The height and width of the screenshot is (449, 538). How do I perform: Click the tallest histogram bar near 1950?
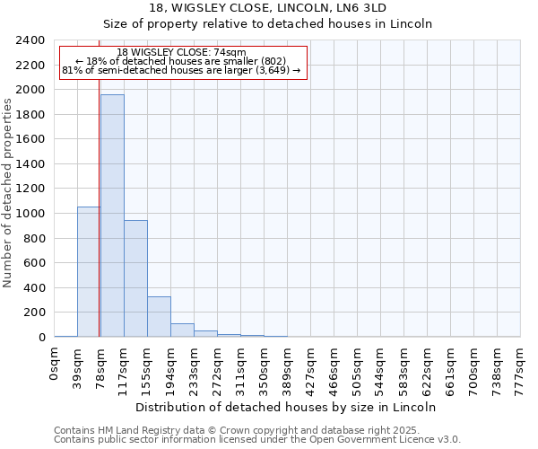(x=112, y=216)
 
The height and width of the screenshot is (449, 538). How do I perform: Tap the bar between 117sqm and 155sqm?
(x=135, y=278)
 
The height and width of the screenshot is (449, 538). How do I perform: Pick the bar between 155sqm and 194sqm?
(x=159, y=316)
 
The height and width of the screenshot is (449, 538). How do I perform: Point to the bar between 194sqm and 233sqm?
(x=182, y=330)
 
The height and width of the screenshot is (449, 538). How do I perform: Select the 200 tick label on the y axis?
(x=34, y=313)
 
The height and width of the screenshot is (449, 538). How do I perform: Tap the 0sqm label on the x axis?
(x=55, y=362)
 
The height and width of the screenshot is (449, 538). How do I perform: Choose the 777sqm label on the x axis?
(x=521, y=365)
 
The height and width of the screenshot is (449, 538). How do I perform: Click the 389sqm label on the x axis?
(x=288, y=365)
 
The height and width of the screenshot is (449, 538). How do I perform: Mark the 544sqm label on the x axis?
(x=381, y=365)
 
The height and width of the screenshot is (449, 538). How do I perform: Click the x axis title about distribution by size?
(x=287, y=407)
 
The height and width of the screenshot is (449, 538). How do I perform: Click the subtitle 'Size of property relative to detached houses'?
(x=268, y=24)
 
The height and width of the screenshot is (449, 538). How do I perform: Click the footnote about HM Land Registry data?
(x=256, y=430)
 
